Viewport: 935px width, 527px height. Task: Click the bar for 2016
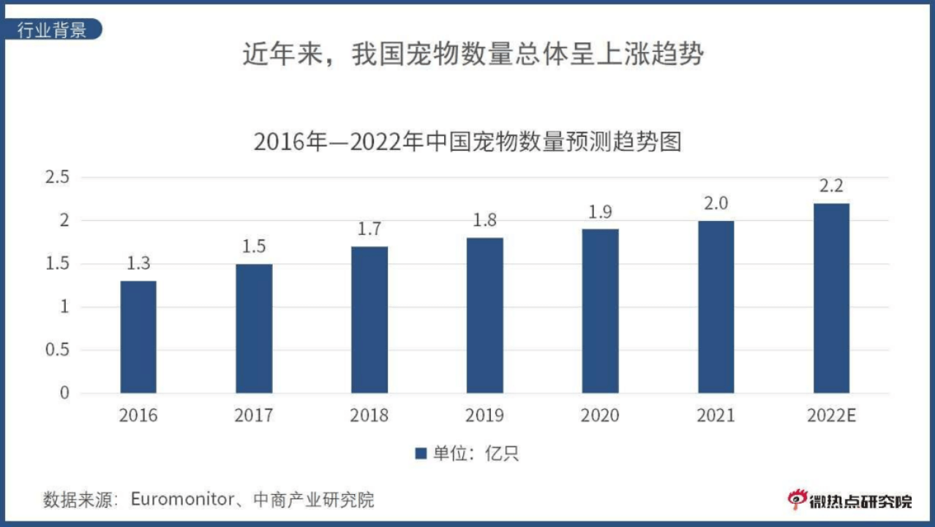click(138, 337)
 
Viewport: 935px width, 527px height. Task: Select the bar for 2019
click(484, 315)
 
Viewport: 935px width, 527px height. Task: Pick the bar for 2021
click(716, 307)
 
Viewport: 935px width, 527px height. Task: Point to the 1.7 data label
click(369, 229)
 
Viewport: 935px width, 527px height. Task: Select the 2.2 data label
click(831, 186)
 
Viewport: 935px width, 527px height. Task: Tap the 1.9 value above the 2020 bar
click(600, 212)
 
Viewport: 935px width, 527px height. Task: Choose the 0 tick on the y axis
click(64, 393)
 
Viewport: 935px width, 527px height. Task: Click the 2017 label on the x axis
click(253, 416)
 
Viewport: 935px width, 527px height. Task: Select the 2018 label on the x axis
click(369, 416)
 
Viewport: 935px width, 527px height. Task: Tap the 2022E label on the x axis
click(831, 416)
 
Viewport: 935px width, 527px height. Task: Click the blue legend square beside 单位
click(421, 454)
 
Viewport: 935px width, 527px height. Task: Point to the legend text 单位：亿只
click(476, 454)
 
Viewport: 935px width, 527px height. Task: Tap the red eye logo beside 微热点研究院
click(796, 499)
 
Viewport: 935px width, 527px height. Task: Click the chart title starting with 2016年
click(467, 141)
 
